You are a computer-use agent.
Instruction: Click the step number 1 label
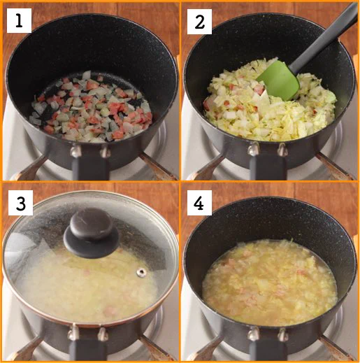tap(19, 20)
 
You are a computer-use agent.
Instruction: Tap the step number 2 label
tap(199, 22)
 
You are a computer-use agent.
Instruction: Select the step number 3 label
tap(20, 203)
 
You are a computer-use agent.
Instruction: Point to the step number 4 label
tap(199, 203)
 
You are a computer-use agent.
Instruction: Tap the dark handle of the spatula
tap(326, 36)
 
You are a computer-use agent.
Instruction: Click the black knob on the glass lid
tap(91, 233)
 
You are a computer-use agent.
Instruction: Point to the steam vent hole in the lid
tap(141, 272)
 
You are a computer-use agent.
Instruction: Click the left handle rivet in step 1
tap(75, 151)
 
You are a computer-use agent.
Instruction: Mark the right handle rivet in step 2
tap(282, 149)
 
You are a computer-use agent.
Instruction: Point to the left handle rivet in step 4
tap(253, 334)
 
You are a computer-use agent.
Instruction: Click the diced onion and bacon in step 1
tap(92, 107)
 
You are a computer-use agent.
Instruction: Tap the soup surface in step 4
tap(270, 282)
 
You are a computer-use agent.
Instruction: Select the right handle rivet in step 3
tap(103, 334)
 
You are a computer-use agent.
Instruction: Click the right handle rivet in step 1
tap(105, 152)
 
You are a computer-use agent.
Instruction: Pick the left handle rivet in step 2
tap(253, 149)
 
